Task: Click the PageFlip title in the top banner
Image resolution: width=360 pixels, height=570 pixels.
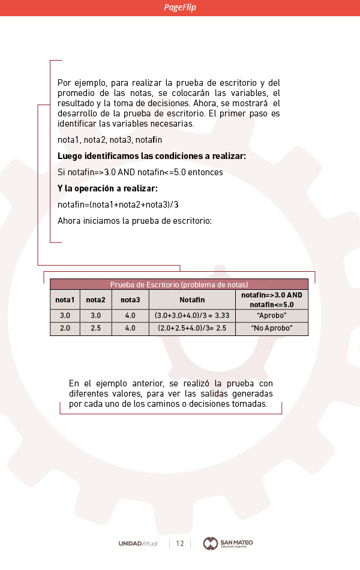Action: pos(180,8)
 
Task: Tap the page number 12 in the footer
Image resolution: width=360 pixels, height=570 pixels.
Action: pos(180,544)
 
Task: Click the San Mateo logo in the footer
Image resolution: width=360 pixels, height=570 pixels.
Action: pos(228,544)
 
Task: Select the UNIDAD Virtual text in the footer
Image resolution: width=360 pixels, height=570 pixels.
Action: pos(138,544)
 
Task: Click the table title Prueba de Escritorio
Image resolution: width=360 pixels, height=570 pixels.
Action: pos(179,284)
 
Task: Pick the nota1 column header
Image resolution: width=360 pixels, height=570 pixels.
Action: pos(65,300)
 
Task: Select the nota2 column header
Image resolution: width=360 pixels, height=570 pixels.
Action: pos(95,300)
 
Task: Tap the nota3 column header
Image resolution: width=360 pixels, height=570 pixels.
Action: pos(130,300)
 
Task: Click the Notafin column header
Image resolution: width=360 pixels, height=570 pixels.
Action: pos(192,300)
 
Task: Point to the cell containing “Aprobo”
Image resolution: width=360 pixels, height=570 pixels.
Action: pos(271,316)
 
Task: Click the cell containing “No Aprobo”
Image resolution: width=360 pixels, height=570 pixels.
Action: pos(271,329)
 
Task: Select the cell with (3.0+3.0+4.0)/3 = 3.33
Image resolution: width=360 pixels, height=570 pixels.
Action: pos(192,316)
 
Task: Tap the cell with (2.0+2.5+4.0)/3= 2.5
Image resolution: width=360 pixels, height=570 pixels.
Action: pos(192,329)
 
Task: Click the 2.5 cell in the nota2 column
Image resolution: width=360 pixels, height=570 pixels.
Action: pos(95,329)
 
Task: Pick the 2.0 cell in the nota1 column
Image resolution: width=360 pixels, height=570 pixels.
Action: pos(65,329)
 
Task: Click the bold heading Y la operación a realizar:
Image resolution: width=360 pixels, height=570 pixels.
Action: pos(107,188)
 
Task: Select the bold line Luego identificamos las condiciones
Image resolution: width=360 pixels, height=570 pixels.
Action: pos(151,156)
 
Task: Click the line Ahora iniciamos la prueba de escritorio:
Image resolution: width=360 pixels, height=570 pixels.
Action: pos(134,221)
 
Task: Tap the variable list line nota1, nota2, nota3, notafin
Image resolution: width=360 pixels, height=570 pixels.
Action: pos(110,140)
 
